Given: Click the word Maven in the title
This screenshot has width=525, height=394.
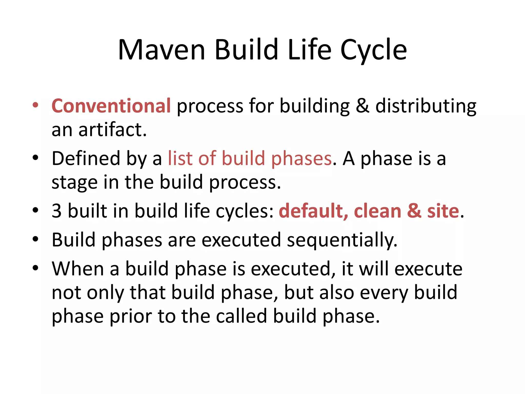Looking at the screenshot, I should (161, 50).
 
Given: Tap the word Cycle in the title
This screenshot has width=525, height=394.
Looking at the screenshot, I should (373, 50).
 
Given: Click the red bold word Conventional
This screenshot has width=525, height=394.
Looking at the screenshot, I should (111, 106).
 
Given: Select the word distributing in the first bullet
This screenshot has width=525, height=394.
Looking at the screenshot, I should (426, 106).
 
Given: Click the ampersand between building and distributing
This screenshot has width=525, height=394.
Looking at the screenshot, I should (362, 106).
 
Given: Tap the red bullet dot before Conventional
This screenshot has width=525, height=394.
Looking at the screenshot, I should (35, 105).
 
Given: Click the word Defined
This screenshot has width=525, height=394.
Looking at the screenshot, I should (86, 159).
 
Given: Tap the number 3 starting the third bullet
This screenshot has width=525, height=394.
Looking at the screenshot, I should (57, 211).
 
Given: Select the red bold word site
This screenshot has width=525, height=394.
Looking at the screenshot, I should (443, 211).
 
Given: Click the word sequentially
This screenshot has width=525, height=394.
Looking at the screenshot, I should (342, 240).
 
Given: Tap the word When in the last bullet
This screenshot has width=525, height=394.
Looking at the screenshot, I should (78, 269).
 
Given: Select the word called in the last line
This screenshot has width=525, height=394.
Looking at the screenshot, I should (241, 316).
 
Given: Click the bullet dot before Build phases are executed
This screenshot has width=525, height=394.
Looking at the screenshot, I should (35, 239).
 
